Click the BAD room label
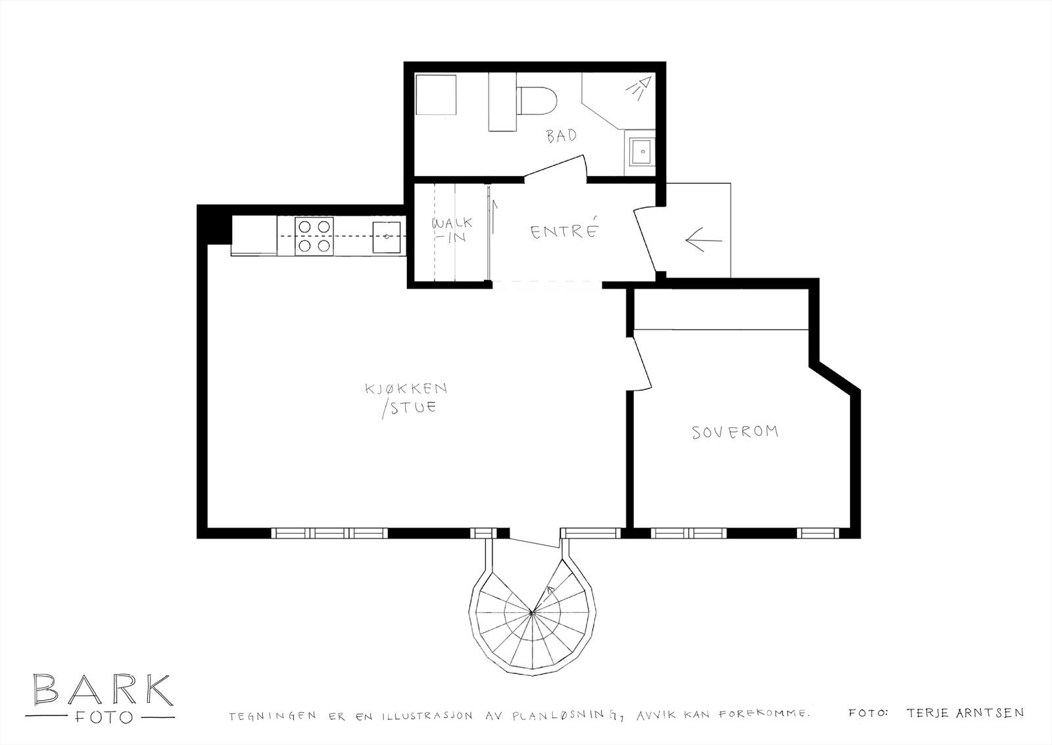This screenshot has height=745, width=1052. click(x=562, y=135)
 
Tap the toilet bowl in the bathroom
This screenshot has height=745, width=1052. click(x=537, y=101)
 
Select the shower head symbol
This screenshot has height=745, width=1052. click(x=638, y=88)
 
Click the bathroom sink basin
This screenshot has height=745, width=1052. click(x=640, y=151)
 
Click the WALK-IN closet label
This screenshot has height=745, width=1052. click(x=451, y=229)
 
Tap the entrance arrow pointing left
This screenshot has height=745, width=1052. click(x=704, y=241)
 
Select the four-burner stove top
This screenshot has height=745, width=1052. click(x=314, y=236)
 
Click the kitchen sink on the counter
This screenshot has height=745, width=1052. click(x=387, y=237)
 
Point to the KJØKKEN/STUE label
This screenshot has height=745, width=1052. click(x=407, y=399)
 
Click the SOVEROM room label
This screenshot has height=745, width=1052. click(x=735, y=432)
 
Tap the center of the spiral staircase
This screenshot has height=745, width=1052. click(x=532, y=613)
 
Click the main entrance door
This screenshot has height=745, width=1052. click(x=646, y=242)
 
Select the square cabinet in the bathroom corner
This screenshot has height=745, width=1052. click(x=437, y=95)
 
